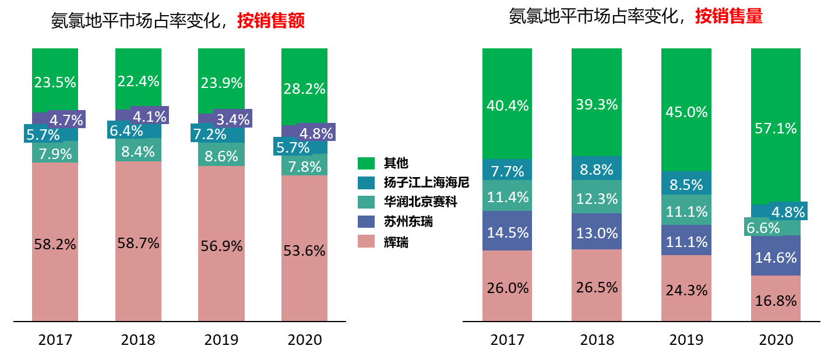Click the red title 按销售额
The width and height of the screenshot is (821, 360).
point(271,21)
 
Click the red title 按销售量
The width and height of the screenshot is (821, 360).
point(728,16)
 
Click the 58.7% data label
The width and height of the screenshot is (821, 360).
point(138,243)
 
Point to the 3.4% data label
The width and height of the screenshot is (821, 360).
point(232,120)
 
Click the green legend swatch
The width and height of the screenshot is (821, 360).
point(366,164)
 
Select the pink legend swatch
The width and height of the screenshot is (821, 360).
point(366,241)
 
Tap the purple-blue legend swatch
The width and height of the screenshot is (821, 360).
point(366,222)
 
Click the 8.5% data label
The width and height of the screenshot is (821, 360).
point(686,185)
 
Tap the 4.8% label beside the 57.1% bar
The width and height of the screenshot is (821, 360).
point(788,211)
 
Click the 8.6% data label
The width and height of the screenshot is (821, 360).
point(221,157)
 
